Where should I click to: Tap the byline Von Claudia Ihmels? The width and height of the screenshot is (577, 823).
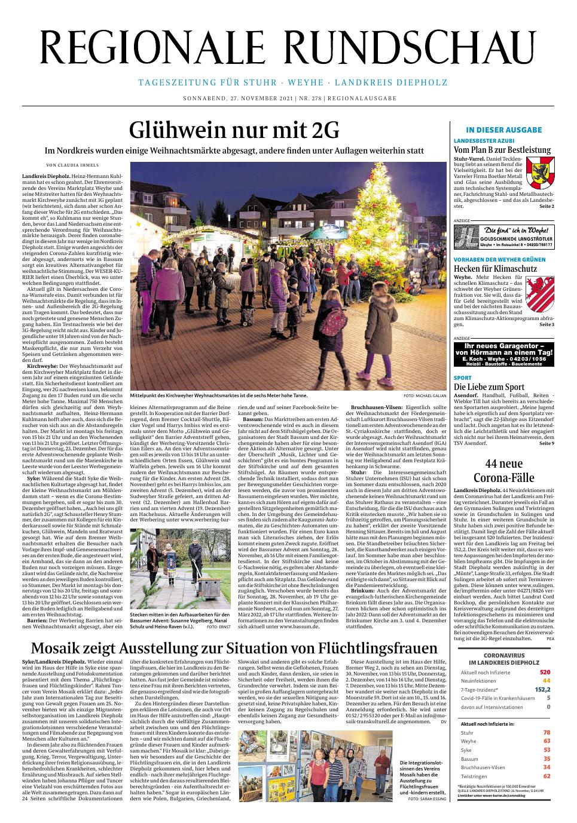72,165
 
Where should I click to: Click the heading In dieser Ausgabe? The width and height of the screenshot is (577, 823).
503,130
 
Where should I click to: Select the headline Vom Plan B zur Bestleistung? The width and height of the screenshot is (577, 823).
502,149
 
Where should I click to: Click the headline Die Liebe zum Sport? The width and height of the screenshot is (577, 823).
489,387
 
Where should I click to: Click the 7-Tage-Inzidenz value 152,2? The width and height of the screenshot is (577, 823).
541,689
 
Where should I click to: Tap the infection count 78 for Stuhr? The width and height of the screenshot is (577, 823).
546,732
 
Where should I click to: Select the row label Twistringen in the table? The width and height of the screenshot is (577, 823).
474,776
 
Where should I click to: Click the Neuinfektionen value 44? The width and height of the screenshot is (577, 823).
545,680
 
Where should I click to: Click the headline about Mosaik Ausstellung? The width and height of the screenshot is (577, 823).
234,648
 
